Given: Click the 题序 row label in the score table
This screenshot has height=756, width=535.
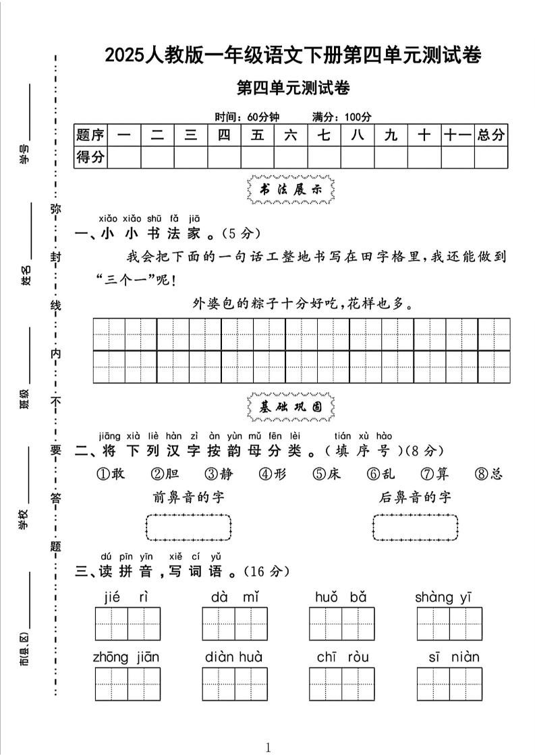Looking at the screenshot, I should coord(90,135).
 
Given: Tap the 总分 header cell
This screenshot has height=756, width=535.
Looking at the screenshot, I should coord(490,135).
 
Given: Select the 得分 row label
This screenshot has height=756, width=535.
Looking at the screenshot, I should coord(90,157).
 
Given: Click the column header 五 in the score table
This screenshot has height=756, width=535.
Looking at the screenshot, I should coord(258,135).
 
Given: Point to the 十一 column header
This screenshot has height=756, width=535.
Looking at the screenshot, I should coord(457,135).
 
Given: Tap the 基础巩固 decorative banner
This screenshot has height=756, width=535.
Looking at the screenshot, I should coord(291,407).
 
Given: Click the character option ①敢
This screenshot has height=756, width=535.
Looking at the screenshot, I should coord(111,474).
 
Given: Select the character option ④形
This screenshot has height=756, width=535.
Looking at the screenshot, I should coord(273,474).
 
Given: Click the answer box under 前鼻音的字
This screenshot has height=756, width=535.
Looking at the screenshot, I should coord(189,527).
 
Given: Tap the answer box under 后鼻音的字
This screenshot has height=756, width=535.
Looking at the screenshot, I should coord(415,527).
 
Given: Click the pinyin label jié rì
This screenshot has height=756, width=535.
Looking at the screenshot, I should coord(126,597).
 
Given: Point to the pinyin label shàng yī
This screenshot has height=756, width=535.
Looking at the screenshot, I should coord(443,597).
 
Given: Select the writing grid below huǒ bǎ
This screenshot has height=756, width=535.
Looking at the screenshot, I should coord(341,623).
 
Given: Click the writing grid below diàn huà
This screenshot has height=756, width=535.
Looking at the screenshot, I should coord(234,684).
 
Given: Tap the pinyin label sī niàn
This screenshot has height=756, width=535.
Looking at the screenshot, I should coord(453,657).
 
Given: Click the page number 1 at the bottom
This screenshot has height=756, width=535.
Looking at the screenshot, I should coord(268,747).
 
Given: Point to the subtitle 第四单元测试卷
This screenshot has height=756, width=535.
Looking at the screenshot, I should coord(293,88).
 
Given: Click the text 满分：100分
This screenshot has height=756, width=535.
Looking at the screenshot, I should coord(341,117).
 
